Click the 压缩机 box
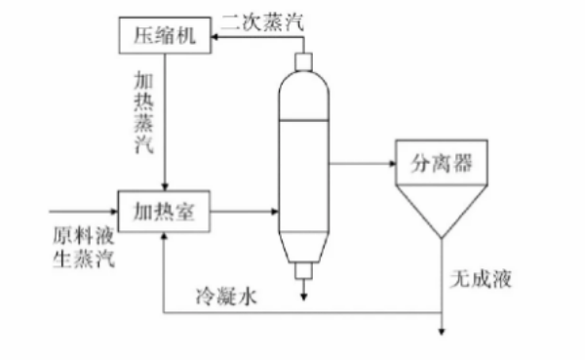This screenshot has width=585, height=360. point(165,35)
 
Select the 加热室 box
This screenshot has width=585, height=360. point(164,212)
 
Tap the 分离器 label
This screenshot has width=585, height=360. point(442,163)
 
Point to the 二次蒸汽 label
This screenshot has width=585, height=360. point(262,22)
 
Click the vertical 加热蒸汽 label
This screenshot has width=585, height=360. point(144,113)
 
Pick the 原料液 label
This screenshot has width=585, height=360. point(83,235)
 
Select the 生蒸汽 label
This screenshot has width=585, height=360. point(83,259)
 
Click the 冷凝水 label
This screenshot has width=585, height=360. point(226,297)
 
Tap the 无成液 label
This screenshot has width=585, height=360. point(481,279)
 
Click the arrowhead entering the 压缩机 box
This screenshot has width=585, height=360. point(214,37)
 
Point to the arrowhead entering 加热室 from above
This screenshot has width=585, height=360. point(165,186)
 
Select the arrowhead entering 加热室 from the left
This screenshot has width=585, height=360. point(114,212)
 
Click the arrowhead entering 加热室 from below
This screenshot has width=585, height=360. point(164,236)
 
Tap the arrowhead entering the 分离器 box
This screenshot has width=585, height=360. point(392,163)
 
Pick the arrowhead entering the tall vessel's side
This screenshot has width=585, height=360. point(275,212)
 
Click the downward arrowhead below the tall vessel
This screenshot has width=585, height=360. point(303,297)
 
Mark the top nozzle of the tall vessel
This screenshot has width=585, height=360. point(303,62)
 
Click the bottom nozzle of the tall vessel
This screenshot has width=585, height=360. point(303,271)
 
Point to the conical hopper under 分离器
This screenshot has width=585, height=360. point(442,212)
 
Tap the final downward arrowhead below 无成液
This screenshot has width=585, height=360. point(442,332)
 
